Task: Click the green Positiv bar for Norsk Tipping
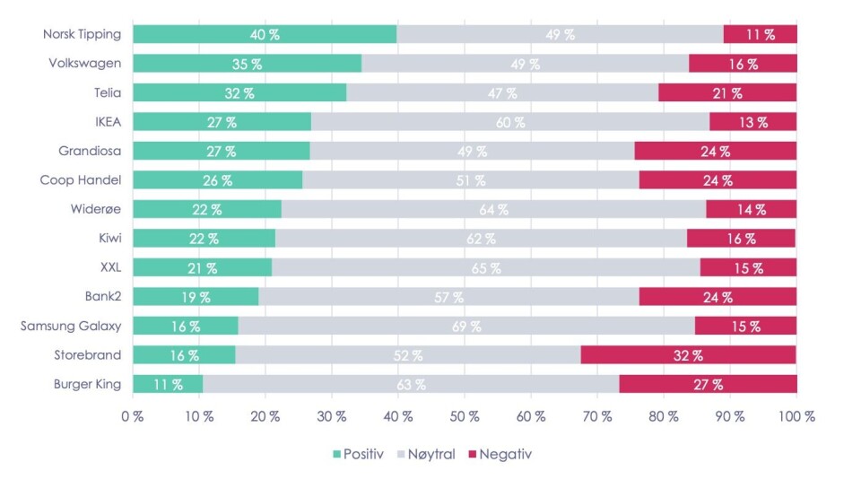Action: coord(265,35)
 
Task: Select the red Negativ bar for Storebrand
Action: coord(689,354)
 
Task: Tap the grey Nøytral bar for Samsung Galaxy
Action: coord(466,326)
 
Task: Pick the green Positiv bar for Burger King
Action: coord(168,384)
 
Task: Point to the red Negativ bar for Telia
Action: coord(727,93)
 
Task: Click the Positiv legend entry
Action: coord(358,454)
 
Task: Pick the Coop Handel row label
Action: coord(81,180)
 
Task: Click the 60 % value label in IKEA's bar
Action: coord(510,122)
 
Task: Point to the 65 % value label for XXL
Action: coord(486,267)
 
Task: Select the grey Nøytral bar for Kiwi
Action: coord(481,239)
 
